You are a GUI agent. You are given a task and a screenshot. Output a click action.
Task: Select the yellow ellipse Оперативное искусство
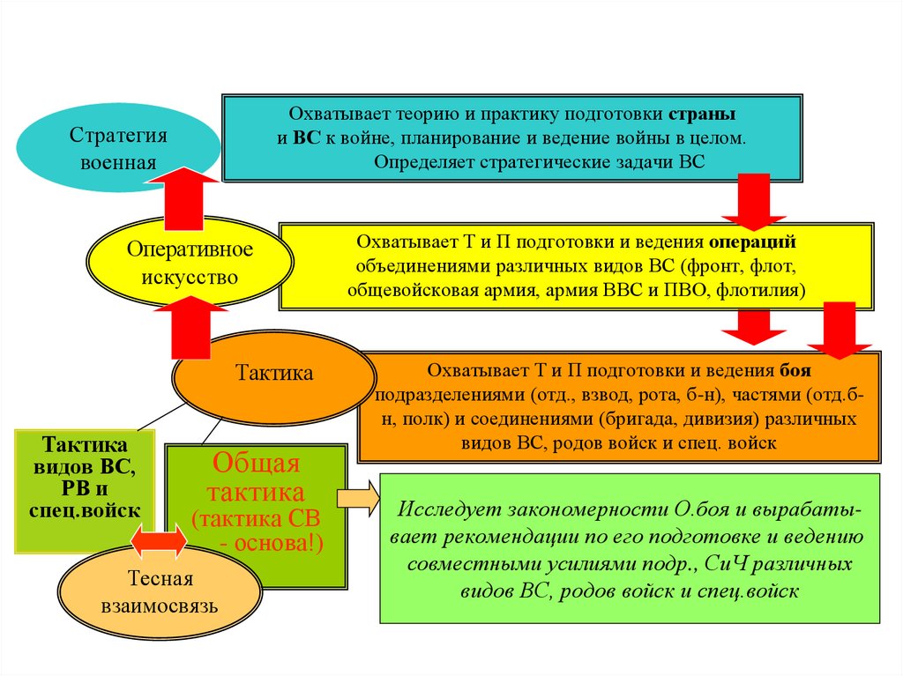[189, 263]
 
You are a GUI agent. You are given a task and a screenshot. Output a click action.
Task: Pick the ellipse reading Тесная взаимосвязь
[160, 593]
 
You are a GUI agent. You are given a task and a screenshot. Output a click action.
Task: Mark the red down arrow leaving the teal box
[754, 202]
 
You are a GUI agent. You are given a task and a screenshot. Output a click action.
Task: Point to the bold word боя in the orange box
[795, 370]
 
